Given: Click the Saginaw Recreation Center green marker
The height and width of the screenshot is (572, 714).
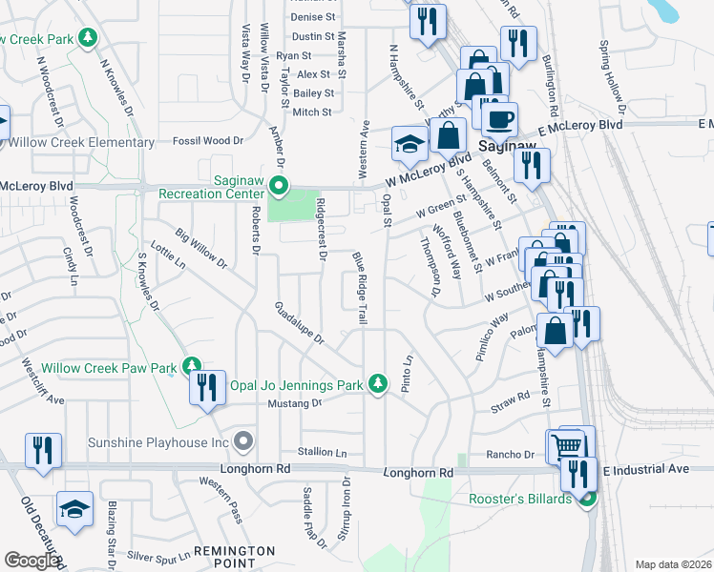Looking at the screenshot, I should click(x=279, y=185).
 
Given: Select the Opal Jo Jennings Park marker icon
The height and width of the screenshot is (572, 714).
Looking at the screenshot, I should click(x=379, y=384).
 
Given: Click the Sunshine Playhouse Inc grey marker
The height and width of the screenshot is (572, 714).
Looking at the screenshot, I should click(x=243, y=441).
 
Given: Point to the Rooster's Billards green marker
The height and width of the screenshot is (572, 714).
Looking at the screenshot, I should click(x=588, y=498).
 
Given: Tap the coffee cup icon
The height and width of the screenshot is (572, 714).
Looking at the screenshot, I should click(x=498, y=121).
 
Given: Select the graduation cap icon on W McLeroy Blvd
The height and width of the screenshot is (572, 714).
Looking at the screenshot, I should click(x=409, y=145).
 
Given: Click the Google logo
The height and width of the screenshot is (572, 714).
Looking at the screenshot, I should click(x=31, y=561).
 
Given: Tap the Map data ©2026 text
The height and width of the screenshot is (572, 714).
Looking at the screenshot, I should click(x=673, y=564).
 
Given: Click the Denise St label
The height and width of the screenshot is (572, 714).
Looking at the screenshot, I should click(x=314, y=17).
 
